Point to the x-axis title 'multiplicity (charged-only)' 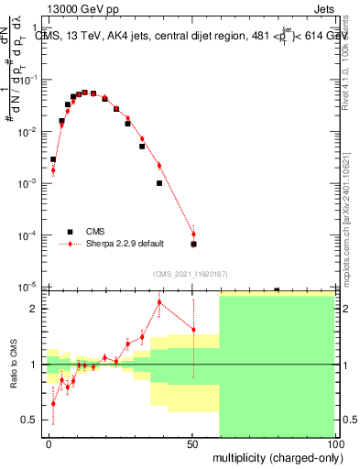point(276,456)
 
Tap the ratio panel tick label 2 point(36,309)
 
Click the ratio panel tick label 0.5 point(32,420)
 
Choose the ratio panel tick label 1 point(36,365)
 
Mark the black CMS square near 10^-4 point(193,245)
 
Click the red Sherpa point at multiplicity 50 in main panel point(193,234)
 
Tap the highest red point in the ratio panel point(159,302)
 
